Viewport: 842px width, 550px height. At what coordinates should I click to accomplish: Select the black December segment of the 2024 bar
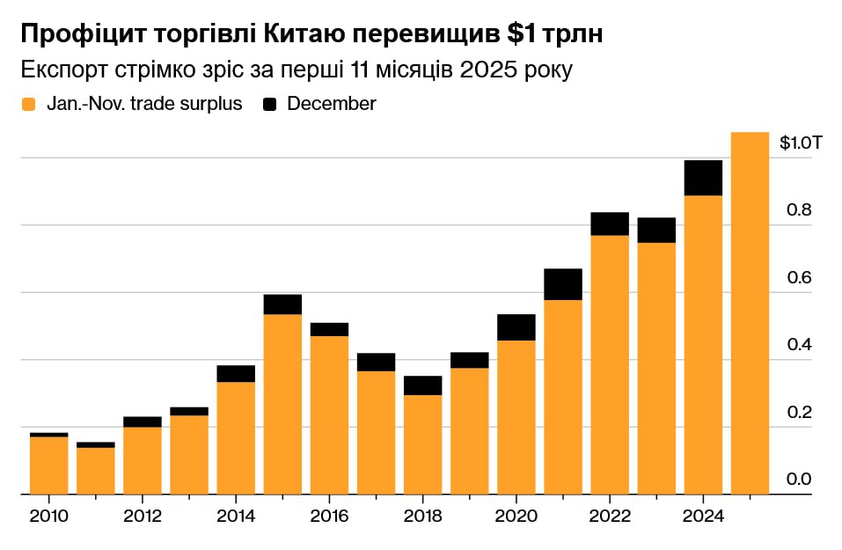coord(703,178)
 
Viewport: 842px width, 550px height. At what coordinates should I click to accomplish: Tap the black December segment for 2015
coord(282,304)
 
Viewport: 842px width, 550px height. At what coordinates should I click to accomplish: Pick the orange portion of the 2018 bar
coord(422,444)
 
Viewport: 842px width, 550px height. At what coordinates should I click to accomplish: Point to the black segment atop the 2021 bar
coord(563,283)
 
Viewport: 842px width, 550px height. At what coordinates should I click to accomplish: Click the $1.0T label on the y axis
coord(801,143)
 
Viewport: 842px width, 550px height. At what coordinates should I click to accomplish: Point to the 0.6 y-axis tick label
coord(797,277)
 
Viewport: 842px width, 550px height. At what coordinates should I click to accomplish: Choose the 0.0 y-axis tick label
coord(797,480)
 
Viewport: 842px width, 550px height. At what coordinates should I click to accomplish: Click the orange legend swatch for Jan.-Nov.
coord(29,104)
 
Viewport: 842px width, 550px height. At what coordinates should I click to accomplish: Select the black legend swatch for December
coord(270,104)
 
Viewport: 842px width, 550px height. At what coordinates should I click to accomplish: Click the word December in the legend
coord(331,104)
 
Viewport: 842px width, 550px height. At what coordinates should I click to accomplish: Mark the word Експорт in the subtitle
coord(62,70)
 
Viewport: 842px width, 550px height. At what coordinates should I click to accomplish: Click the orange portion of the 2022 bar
coord(610,364)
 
